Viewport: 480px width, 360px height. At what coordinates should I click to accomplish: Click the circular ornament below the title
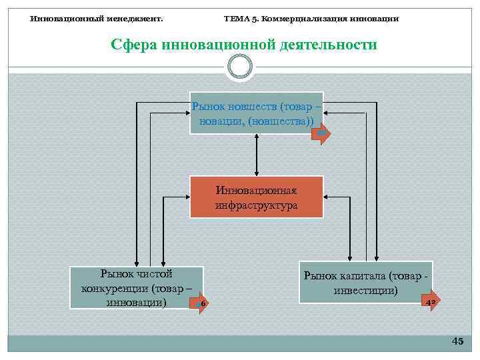pyautogui.click(x=240, y=67)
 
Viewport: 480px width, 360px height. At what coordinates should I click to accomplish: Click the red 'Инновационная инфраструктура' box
pyautogui.click(x=257, y=197)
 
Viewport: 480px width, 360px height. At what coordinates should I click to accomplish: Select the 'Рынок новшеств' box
pyautogui.click(x=257, y=113)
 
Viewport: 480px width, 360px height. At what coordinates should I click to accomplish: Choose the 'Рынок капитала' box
pyautogui.click(x=365, y=281)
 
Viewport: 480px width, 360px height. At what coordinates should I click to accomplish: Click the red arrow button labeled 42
pyautogui.click(x=431, y=301)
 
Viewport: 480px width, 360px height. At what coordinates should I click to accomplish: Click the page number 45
pyautogui.click(x=457, y=341)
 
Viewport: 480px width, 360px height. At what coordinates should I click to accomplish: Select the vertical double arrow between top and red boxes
pyautogui.click(x=257, y=155)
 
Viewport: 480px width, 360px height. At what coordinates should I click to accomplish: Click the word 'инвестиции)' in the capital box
pyautogui.click(x=366, y=291)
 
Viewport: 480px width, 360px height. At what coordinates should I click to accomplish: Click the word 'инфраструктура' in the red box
pyautogui.click(x=257, y=205)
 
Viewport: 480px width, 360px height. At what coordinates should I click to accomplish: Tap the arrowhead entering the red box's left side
pyautogui.click(x=187, y=197)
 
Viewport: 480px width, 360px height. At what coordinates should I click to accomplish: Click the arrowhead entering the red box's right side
pyautogui.click(x=327, y=197)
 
